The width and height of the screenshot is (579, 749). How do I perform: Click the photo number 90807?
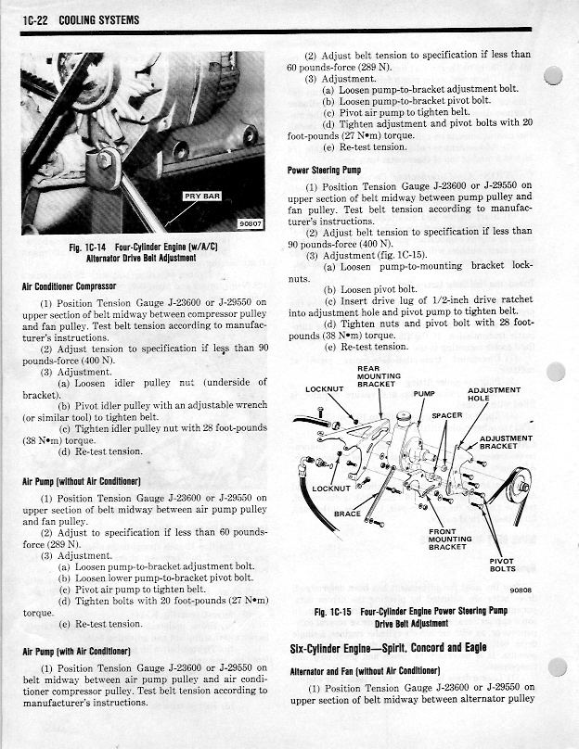(251, 223)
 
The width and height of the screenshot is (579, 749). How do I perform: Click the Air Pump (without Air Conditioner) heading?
(82, 482)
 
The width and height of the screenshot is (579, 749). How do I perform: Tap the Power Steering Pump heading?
(324, 171)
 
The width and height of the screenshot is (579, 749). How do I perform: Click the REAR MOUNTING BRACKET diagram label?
(378, 376)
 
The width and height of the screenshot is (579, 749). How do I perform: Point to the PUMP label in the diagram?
(424, 393)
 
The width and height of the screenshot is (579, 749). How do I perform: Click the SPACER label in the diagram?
(446, 415)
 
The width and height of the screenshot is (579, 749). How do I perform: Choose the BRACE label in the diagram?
(347, 513)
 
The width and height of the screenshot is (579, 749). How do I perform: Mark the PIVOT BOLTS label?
(502, 565)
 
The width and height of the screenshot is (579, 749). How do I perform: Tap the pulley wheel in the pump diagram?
(521, 481)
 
